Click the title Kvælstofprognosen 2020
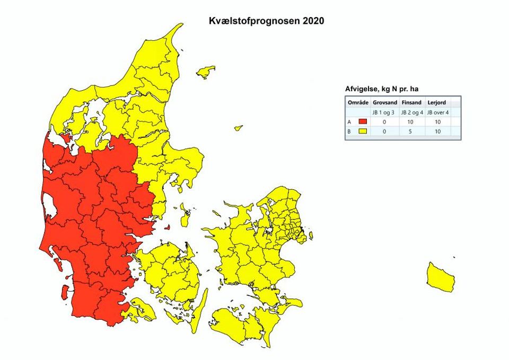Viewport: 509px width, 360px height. [265, 22]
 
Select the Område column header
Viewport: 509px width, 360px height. [357, 102]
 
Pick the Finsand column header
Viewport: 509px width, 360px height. [411, 102]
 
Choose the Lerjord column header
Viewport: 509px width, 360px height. [436, 102]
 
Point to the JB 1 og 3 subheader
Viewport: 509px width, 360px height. [384, 112]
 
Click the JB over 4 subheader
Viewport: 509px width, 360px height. [438, 112]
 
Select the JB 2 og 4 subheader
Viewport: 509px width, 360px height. [411, 112]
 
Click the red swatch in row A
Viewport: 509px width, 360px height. [363, 122]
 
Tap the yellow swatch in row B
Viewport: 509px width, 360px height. [363, 131]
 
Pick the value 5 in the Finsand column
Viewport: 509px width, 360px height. [411, 131]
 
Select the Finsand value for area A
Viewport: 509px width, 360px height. [411, 122]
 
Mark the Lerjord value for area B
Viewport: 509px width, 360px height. [438, 131]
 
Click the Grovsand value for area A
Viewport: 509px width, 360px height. [384, 122]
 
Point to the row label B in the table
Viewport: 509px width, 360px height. [349, 131]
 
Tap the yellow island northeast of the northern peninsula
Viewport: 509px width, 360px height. [205, 72]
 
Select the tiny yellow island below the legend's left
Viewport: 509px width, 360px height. [239, 128]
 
